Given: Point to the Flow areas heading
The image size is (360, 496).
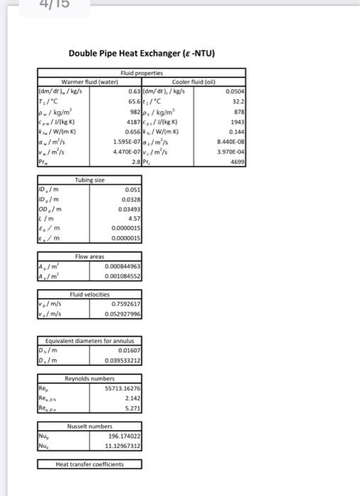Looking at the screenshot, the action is coord(90,255).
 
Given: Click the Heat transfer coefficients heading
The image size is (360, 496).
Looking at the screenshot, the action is coord(89,464).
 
